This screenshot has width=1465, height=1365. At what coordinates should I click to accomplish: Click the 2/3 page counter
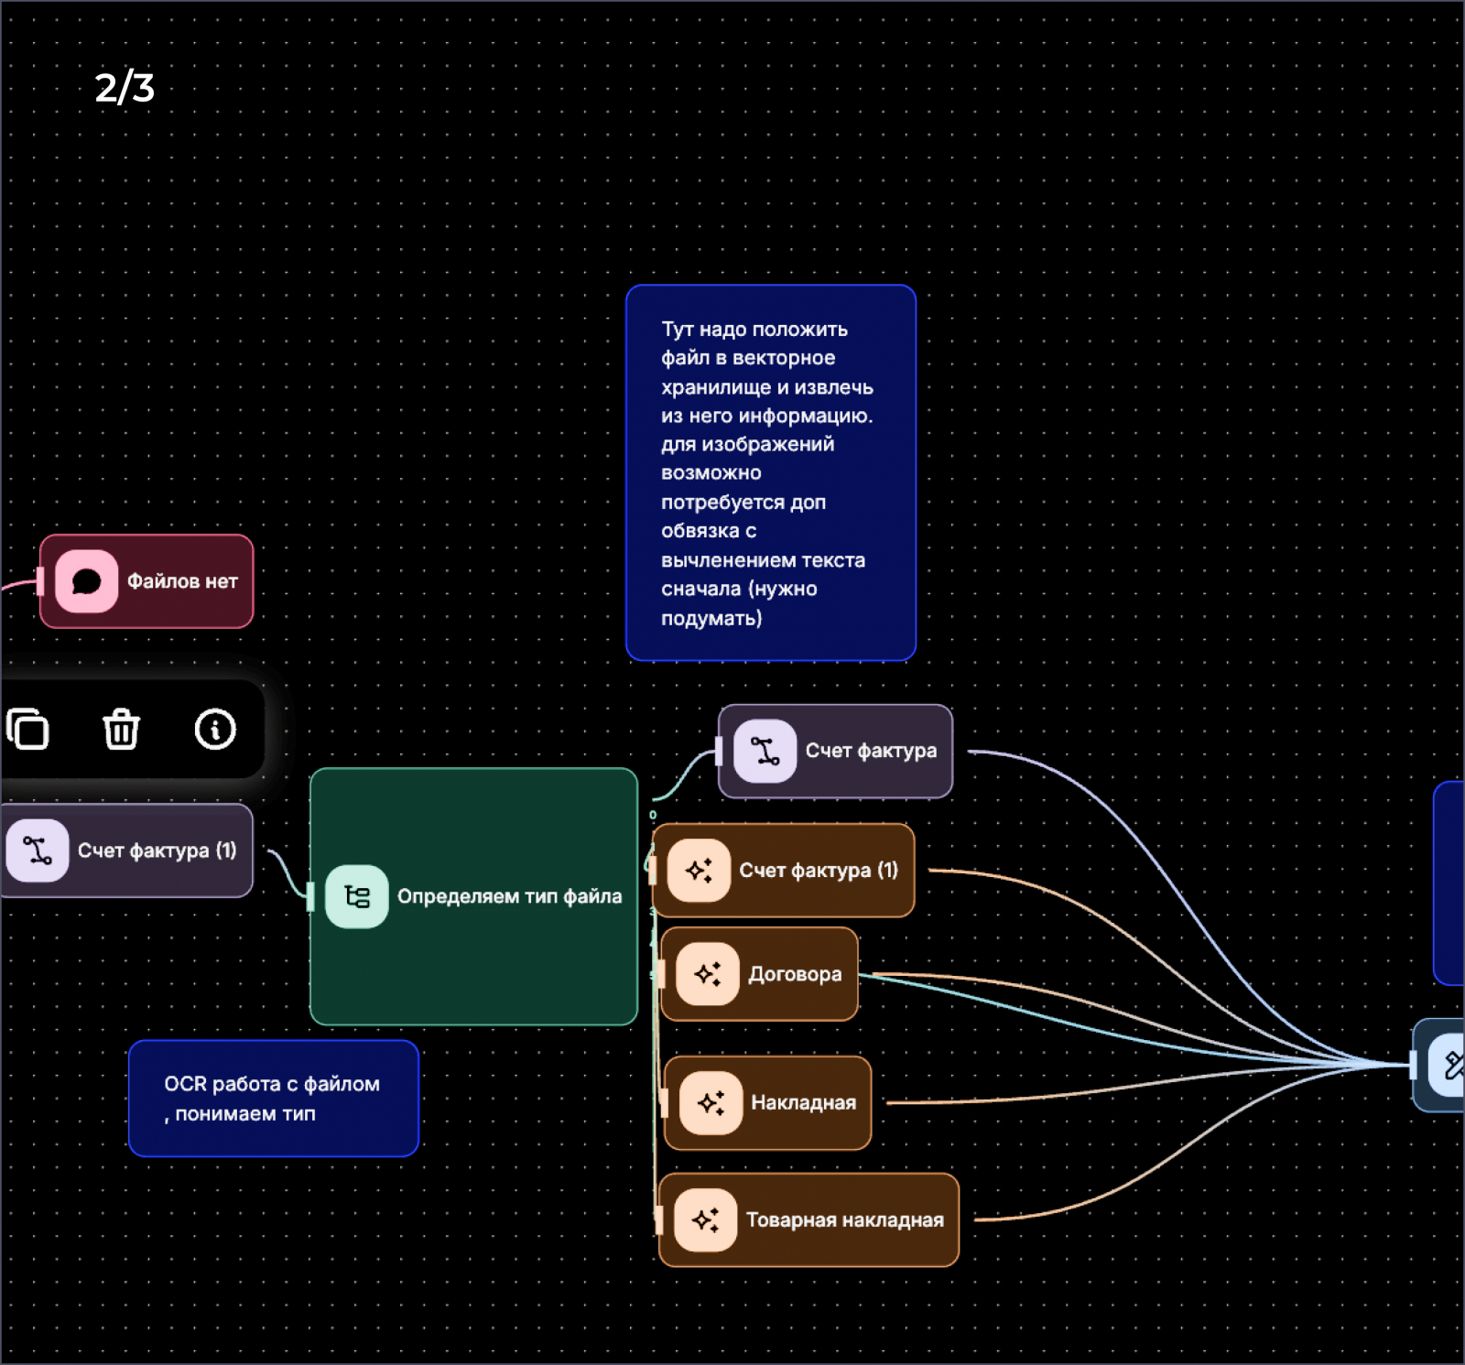click(125, 88)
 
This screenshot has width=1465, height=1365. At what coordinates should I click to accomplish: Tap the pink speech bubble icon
click(86, 581)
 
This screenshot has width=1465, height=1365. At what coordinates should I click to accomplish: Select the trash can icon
click(121, 730)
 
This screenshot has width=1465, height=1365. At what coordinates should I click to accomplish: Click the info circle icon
click(215, 730)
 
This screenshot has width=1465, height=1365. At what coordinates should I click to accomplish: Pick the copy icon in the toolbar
click(27, 730)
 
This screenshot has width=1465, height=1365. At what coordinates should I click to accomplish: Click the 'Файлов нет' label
click(182, 581)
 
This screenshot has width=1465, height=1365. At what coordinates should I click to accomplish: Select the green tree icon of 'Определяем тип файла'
click(356, 896)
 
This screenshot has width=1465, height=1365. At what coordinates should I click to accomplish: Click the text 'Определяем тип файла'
click(509, 896)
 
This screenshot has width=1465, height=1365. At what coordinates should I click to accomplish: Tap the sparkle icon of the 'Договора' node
click(707, 974)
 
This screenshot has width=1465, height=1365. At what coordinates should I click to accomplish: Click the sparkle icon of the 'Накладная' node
click(711, 1102)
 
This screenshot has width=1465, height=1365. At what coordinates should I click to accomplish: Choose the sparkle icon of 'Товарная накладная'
click(705, 1219)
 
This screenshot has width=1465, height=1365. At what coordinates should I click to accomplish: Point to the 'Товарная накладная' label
click(844, 1219)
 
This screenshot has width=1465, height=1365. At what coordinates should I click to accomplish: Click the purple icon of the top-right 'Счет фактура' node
click(765, 752)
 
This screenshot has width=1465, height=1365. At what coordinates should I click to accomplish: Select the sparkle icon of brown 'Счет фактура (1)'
click(699, 870)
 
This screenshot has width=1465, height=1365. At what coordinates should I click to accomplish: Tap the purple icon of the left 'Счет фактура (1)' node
click(38, 850)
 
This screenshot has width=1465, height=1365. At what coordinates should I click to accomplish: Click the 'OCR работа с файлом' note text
click(271, 1085)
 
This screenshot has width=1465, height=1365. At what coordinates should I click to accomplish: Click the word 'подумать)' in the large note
click(711, 619)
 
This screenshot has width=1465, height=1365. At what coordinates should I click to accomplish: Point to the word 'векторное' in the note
click(784, 358)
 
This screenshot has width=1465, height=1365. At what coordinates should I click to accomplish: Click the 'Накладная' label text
click(803, 1102)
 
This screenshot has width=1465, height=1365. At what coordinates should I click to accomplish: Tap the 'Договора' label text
click(795, 974)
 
